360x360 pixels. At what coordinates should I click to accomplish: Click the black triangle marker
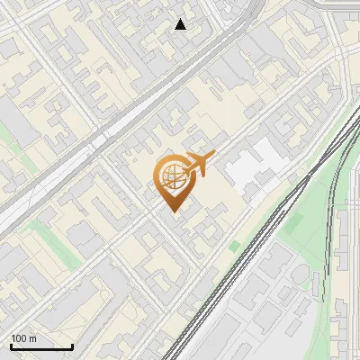181,24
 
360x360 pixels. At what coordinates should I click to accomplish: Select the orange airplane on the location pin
200,163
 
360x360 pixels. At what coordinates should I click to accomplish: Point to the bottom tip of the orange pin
174,212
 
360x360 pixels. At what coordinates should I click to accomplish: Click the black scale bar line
41,346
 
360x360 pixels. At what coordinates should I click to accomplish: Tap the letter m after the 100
33,338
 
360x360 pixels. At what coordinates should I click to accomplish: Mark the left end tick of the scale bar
11,345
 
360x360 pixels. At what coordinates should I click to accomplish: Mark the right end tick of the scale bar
72,345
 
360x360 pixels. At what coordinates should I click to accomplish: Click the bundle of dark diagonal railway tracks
243,261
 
